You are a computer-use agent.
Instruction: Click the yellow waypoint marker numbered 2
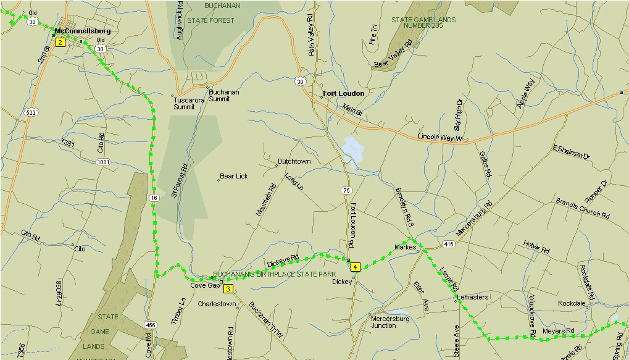click(60, 43)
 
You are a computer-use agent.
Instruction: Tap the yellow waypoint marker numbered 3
click(228, 288)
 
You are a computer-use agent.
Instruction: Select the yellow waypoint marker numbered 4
click(355, 267)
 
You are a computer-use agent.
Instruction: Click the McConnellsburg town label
click(82, 30)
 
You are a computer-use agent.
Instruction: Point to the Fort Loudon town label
click(343, 93)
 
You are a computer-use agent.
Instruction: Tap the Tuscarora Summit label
click(184, 103)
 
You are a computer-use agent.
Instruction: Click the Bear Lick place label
click(234, 176)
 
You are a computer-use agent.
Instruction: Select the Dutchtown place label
click(294, 161)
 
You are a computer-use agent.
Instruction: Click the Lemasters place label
click(473, 297)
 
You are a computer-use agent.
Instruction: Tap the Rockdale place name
click(571, 303)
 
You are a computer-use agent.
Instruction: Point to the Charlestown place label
click(217, 304)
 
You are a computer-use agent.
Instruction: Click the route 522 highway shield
click(31, 112)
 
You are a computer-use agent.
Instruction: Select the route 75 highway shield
click(346, 191)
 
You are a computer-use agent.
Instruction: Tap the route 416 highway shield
click(449, 245)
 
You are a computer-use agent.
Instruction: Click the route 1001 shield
click(103, 162)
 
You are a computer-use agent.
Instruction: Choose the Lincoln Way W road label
click(439, 137)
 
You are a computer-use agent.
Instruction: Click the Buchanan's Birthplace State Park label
click(273, 274)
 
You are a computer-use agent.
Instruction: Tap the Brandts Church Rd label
click(582, 209)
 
